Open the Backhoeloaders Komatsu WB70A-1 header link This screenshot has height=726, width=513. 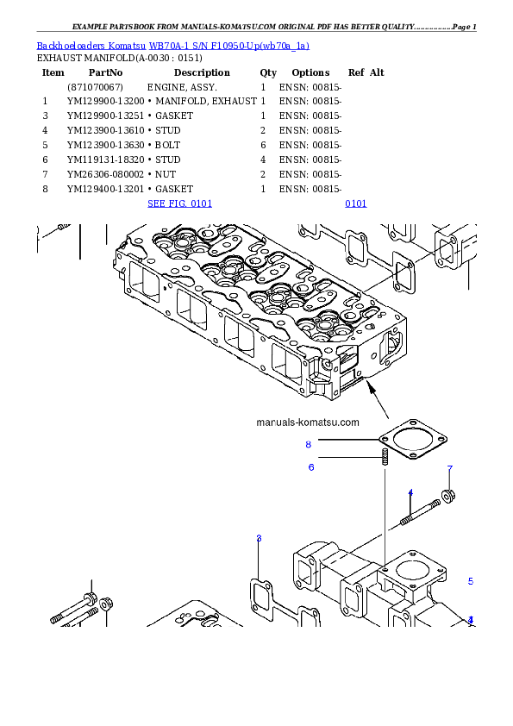(x=172, y=46)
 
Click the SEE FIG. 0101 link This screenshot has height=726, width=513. (x=179, y=204)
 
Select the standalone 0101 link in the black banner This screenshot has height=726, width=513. (x=355, y=204)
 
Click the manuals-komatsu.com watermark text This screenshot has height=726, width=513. (x=308, y=422)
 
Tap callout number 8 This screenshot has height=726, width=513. (x=308, y=445)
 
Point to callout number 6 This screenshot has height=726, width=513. (x=311, y=467)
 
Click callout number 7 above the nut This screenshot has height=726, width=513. (x=449, y=469)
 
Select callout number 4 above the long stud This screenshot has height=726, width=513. (x=410, y=492)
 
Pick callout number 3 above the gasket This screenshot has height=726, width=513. (x=259, y=538)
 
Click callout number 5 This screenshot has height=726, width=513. (x=471, y=581)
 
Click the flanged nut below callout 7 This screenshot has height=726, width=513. (x=448, y=495)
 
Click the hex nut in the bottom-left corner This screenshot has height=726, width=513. (x=106, y=603)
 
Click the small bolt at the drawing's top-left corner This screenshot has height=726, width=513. (x=60, y=228)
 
